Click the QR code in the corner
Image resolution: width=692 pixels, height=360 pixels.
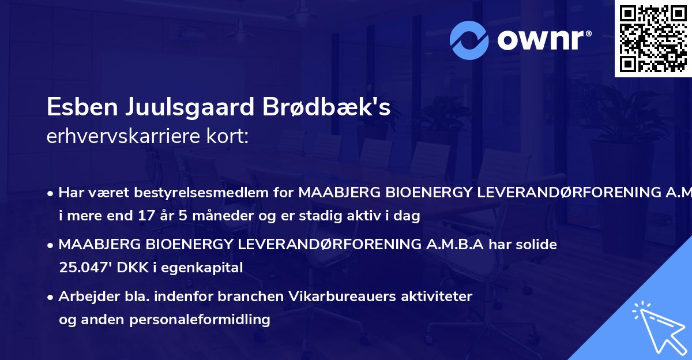pos(653,38)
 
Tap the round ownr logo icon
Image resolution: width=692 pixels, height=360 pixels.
pos(470,40)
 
